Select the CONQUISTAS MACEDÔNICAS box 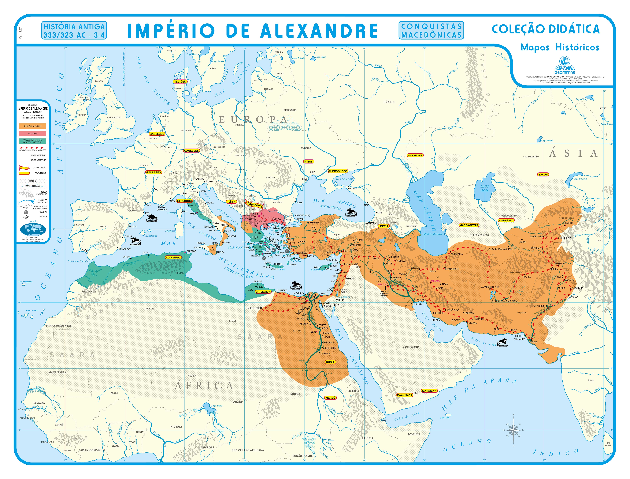click(x=431, y=30)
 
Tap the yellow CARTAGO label click(x=173, y=257)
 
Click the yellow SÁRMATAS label click(x=415, y=155)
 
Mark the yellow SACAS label click(x=543, y=174)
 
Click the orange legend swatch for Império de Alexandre click(x=33, y=126)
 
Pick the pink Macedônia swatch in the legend click(x=33, y=133)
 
